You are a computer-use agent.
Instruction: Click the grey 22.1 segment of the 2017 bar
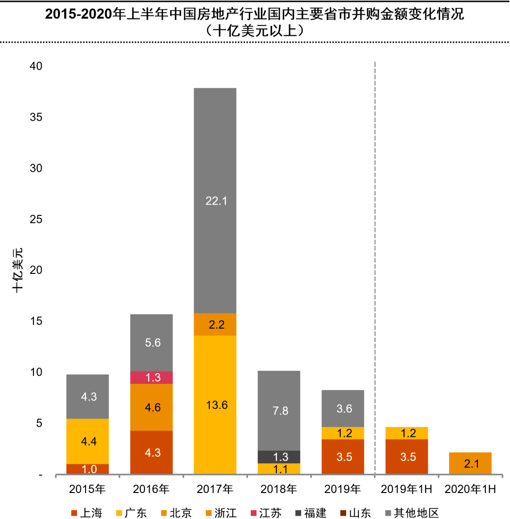pyautogui.click(x=215, y=200)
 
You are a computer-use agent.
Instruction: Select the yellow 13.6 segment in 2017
pyautogui.click(x=215, y=405)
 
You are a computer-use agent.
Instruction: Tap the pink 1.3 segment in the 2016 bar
pyautogui.click(x=151, y=377)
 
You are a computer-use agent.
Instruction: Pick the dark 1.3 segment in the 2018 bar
pyautogui.click(x=279, y=457)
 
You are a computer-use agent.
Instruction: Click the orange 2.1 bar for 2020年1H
pyautogui.click(x=470, y=463)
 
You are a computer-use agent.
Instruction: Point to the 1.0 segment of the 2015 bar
pyautogui.click(x=88, y=469)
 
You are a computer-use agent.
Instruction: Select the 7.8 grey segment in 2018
pyautogui.click(x=279, y=410)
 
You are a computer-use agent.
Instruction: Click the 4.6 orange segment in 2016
pyautogui.click(x=151, y=407)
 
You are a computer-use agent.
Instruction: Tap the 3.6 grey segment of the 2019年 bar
pyautogui.click(x=342, y=408)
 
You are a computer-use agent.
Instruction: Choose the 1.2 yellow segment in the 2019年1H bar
pyautogui.click(x=407, y=433)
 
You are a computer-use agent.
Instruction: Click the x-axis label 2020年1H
pyautogui.click(x=470, y=488)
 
